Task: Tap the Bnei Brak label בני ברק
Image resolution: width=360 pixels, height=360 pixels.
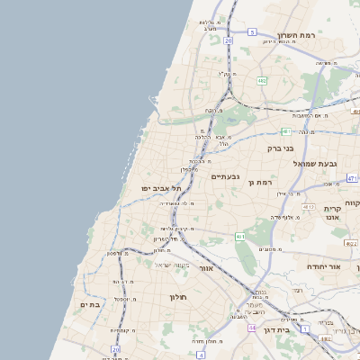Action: pyautogui.click(x=282, y=148)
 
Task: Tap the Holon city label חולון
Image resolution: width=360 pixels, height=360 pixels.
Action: pyautogui.click(x=176, y=296)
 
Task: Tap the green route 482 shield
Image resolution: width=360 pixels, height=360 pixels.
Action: pyautogui.click(x=261, y=81)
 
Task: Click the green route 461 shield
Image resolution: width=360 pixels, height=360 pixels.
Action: pyautogui.click(x=240, y=236)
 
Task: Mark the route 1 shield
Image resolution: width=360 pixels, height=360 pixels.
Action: pyautogui.click(x=306, y=329)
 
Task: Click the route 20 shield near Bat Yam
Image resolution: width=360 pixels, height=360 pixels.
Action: pyautogui.click(x=116, y=349)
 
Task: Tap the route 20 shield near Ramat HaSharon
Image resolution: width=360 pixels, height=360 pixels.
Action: pyautogui.click(x=229, y=40)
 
